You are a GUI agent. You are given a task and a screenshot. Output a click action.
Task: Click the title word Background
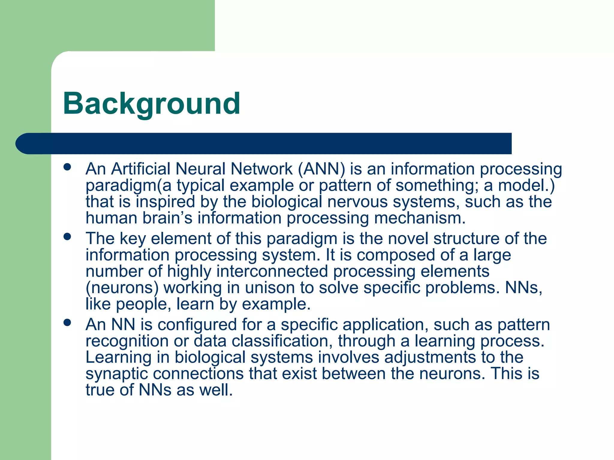point(151,104)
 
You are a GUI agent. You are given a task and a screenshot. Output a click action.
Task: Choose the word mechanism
point(420,218)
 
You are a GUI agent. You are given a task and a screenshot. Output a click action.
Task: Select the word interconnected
point(272,272)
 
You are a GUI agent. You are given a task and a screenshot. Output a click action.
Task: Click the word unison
point(270,288)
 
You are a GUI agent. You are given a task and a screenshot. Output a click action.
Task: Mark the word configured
point(197,325)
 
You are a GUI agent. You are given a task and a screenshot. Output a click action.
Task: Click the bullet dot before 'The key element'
point(67,237)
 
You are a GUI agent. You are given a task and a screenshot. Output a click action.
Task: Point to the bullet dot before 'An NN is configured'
point(67,323)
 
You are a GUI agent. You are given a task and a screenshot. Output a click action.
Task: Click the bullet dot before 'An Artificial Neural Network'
point(67,167)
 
